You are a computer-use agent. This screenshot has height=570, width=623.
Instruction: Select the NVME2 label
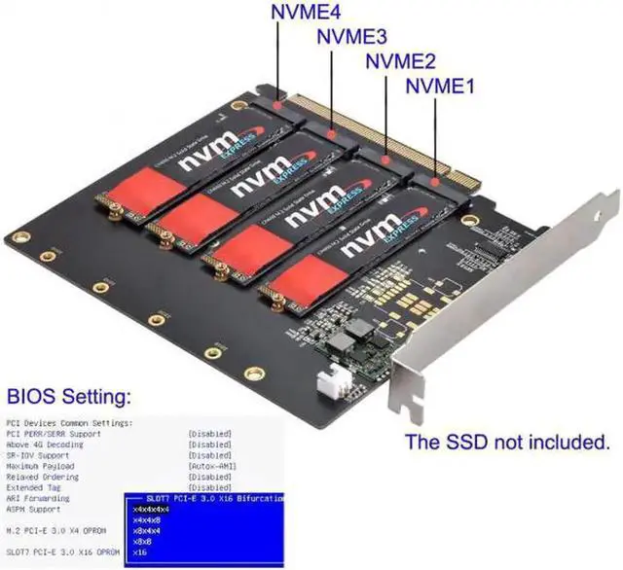[399, 61]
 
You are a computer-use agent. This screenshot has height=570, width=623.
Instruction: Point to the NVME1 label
[439, 86]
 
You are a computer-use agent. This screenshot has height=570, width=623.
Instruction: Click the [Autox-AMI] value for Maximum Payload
[210, 466]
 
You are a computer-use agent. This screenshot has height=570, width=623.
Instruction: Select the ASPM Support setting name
[35, 509]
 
